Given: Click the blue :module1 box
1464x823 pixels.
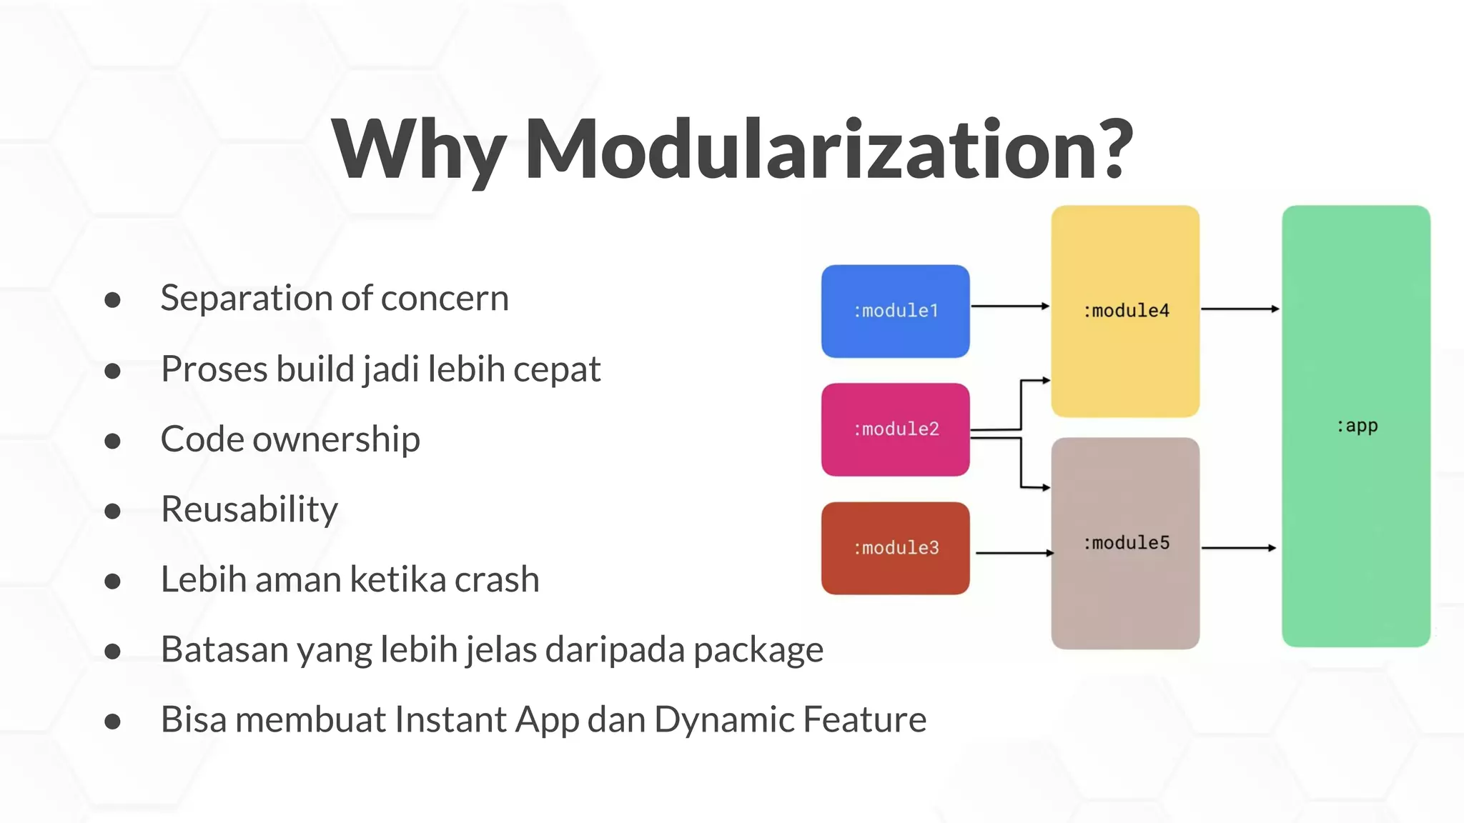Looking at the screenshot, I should click(895, 311).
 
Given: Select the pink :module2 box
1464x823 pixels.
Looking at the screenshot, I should click(895, 429).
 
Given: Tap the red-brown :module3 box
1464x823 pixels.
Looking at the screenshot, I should click(895, 548).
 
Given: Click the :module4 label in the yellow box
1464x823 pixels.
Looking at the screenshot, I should click(1126, 311).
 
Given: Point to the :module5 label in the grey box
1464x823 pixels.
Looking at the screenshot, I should click(1126, 543).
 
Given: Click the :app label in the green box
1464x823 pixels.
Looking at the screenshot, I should click(1356, 427).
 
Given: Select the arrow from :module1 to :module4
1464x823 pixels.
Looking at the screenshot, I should click(1009, 306).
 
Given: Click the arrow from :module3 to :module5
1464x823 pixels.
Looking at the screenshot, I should click(1014, 552).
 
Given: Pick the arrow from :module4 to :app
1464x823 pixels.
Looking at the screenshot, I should click(1240, 309).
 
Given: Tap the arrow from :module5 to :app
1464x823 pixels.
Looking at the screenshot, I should click(1238, 548).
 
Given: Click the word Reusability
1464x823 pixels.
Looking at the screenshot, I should click(249, 509).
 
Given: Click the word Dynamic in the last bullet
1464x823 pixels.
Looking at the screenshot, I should click(723, 720).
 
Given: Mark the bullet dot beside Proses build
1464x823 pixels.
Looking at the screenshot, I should click(112, 371).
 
